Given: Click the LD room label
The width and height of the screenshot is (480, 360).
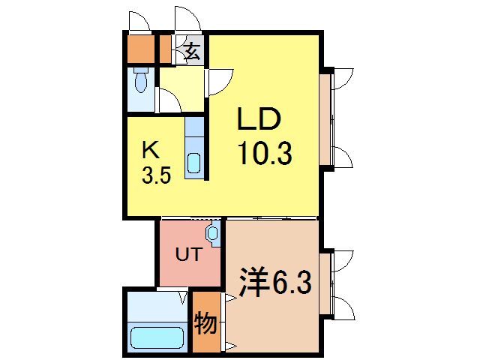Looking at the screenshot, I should coord(259,120).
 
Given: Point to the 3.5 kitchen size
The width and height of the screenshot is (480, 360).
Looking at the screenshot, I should coord(157,175).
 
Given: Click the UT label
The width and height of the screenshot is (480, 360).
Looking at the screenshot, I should coord(187,254).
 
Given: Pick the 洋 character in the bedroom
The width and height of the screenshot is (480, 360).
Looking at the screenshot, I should coord(253,283).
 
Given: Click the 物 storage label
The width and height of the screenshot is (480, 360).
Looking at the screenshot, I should coord(206,325).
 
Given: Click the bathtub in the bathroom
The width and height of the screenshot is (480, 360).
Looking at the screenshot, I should coord(157,338).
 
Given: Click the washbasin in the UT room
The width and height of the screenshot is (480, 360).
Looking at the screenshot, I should coord(214,234).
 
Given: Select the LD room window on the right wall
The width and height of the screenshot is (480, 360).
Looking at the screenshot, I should coord(325,118).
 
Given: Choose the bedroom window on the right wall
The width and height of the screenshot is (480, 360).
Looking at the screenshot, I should coord(325,284).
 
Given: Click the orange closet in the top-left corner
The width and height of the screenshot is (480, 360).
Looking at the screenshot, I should coord(138,49).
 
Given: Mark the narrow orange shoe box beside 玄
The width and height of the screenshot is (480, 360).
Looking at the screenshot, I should coord(166,49).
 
